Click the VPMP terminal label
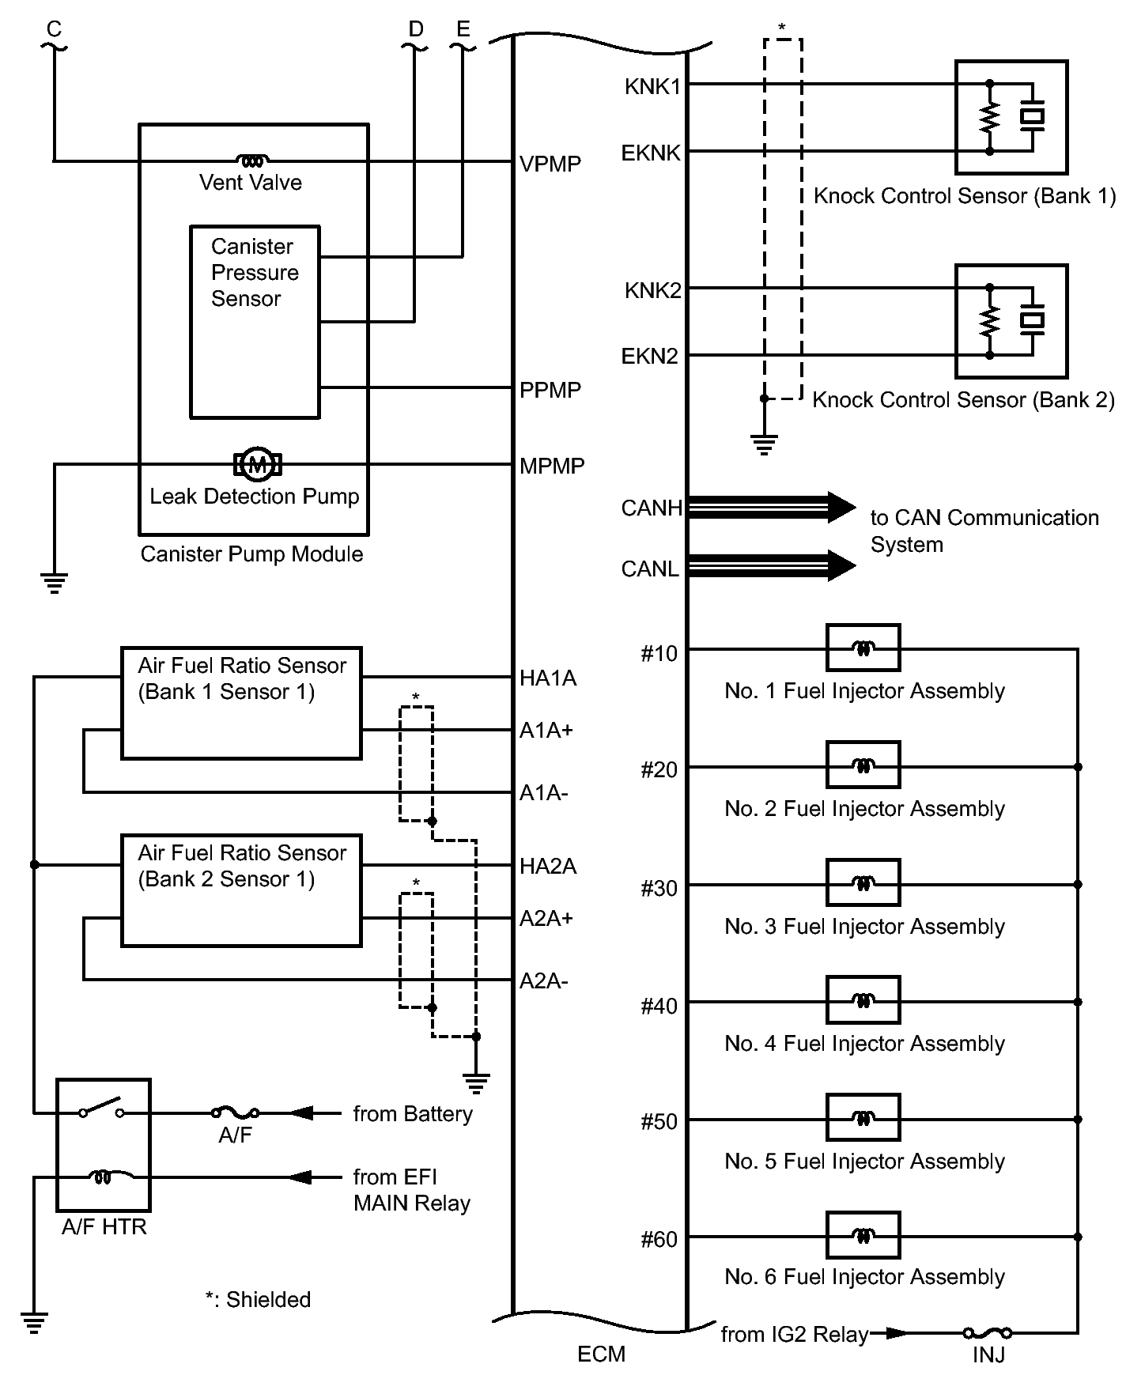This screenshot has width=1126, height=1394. (550, 164)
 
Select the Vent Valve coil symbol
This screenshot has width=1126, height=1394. (252, 161)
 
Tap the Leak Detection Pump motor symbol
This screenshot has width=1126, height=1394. (257, 464)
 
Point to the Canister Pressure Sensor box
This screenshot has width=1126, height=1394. (255, 322)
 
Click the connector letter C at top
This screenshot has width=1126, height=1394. (54, 30)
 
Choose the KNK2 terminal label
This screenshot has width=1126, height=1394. (652, 291)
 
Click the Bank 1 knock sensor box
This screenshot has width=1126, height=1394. (1011, 117)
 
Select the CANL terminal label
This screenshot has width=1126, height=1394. (650, 569)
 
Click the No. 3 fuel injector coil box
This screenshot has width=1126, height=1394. (863, 883)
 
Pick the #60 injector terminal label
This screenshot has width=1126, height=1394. (659, 1240)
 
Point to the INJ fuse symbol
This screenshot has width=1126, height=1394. (987, 1333)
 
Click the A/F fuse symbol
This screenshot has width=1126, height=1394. (235, 1113)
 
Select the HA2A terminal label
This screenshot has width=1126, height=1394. (548, 867)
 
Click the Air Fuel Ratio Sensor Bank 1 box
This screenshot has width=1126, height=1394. (241, 704)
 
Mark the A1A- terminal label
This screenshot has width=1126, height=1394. (543, 793)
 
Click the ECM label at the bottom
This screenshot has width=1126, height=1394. (601, 1354)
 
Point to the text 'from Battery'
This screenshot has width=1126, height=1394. (413, 1114)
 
